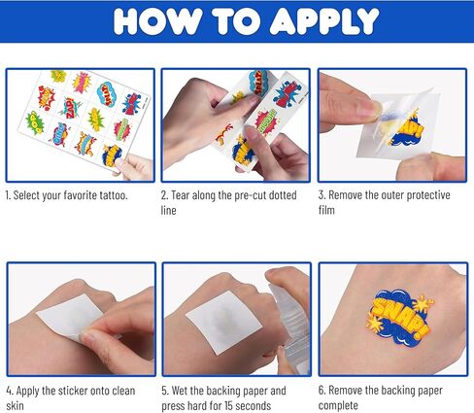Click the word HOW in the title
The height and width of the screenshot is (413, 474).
click(145, 21)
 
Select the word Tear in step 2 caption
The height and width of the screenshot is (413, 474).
click(187, 194)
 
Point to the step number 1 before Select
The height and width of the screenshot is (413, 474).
click(8, 194)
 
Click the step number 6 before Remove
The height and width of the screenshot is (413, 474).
click(322, 391)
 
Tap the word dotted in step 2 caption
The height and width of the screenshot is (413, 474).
click(288, 194)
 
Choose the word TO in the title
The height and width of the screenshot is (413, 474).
click(221, 21)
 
